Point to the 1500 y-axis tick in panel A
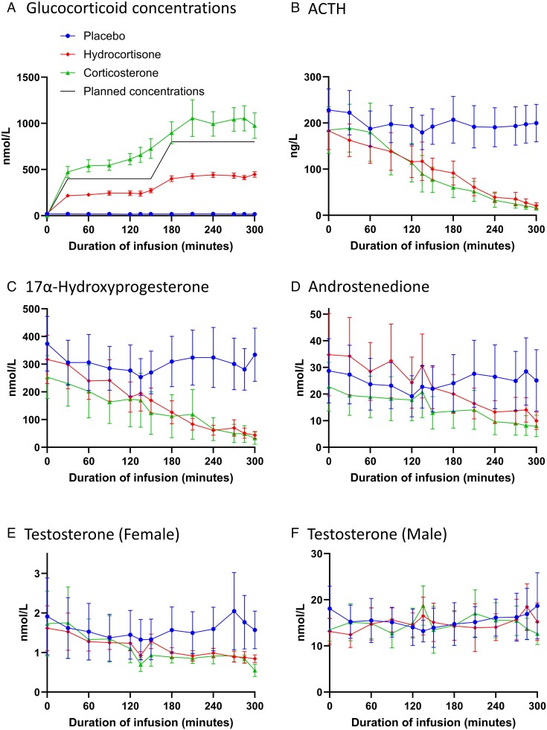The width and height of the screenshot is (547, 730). (28, 77)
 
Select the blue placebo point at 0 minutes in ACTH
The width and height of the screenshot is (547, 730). (328, 110)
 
